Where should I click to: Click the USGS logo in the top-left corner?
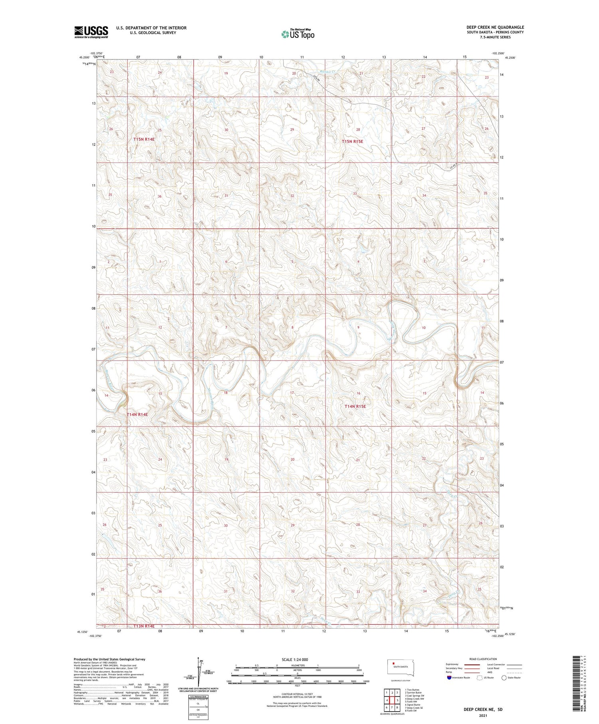click(91, 32)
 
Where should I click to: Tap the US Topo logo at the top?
click(298, 34)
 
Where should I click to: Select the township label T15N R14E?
click(144, 139)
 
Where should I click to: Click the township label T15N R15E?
click(353, 141)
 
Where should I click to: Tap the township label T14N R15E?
click(355, 406)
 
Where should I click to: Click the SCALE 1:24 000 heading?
click(295, 659)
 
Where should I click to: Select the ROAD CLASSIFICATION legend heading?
click(483, 659)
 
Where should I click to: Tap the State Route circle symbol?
click(504, 678)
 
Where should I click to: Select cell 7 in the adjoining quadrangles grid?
click(392, 708)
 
